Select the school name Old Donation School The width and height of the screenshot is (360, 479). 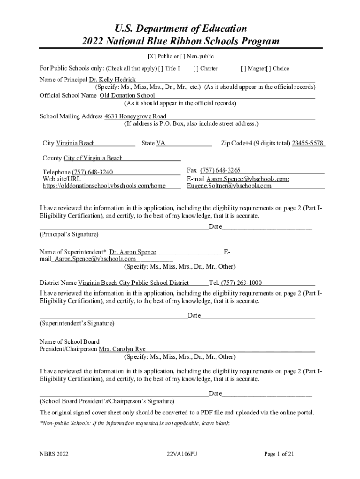click(127, 95)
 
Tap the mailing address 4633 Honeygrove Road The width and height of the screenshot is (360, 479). click(135, 116)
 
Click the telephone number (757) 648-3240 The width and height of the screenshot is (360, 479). click(92, 172)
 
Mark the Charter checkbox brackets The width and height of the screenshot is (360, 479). click(195, 69)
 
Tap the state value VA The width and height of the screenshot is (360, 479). click(160, 143)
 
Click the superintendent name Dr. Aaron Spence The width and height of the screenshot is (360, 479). click(133, 252)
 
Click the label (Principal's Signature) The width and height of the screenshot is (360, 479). click(69, 234)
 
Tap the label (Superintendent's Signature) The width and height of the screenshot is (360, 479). click(77, 323)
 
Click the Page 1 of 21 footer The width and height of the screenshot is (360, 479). click(279, 454)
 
